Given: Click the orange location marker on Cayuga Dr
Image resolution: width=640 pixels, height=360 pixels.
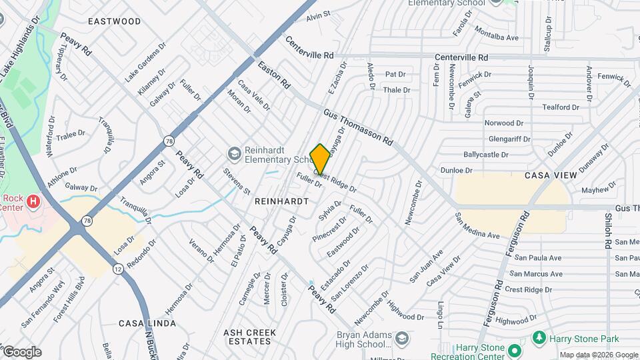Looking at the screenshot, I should [320, 159].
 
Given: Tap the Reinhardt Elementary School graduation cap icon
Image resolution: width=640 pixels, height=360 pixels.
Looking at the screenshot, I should [234, 155].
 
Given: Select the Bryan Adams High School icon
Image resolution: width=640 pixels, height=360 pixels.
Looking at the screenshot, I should [401, 339].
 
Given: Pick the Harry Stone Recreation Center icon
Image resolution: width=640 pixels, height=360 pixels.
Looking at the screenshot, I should [513, 349].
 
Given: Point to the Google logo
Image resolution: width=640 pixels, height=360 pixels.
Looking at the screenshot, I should [21, 351].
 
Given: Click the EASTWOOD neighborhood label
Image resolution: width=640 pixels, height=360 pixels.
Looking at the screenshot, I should [115, 21].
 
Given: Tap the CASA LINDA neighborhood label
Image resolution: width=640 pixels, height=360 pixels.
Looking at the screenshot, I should [147, 323].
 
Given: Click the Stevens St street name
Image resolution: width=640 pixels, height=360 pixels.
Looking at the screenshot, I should [237, 181].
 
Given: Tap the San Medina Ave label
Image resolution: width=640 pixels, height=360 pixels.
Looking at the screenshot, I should [477, 226].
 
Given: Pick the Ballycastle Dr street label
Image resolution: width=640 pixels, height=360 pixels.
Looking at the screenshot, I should [505, 155].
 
